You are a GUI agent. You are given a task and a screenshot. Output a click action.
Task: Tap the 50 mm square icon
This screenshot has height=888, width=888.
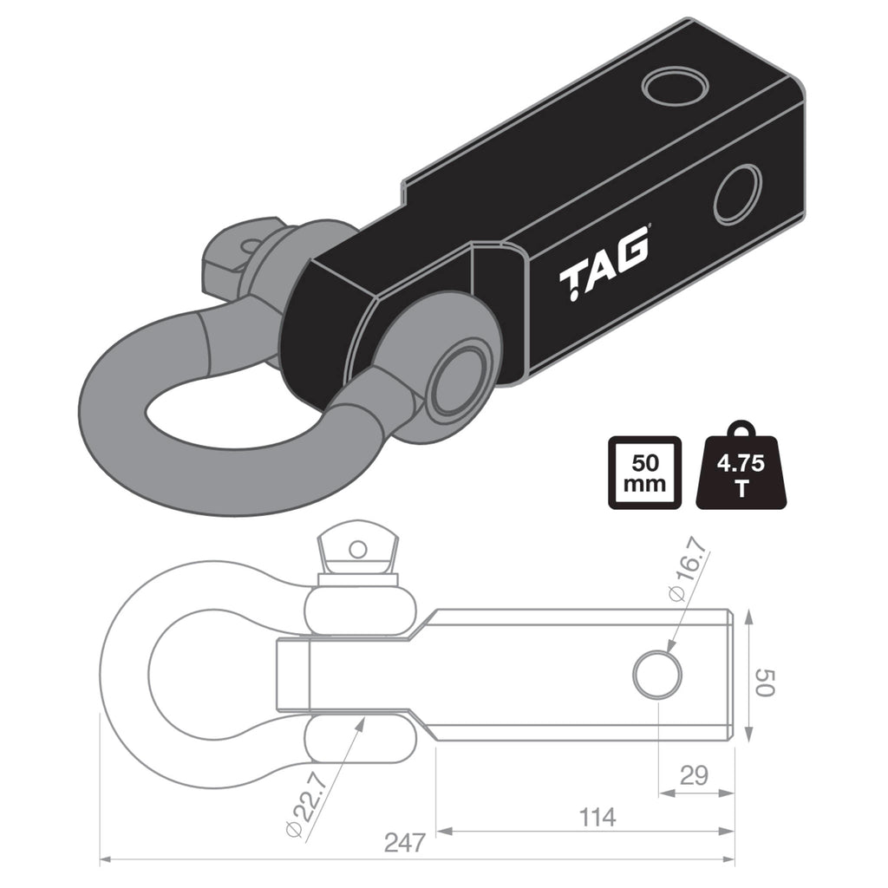click(x=643, y=473)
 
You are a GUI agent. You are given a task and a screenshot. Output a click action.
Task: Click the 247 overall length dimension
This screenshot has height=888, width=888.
click(x=405, y=841)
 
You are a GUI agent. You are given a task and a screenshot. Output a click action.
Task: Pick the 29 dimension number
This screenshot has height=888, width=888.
click(x=694, y=774)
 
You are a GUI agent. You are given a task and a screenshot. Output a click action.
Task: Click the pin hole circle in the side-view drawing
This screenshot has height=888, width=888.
click(x=658, y=675)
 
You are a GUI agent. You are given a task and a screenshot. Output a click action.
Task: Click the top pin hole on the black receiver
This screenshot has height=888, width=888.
click(x=675, y=86)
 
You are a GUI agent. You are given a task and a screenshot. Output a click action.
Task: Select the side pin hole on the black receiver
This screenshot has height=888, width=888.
click(x=737, y=194)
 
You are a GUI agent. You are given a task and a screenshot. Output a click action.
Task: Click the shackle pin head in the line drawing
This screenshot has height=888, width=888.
click(x=356, y=550)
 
